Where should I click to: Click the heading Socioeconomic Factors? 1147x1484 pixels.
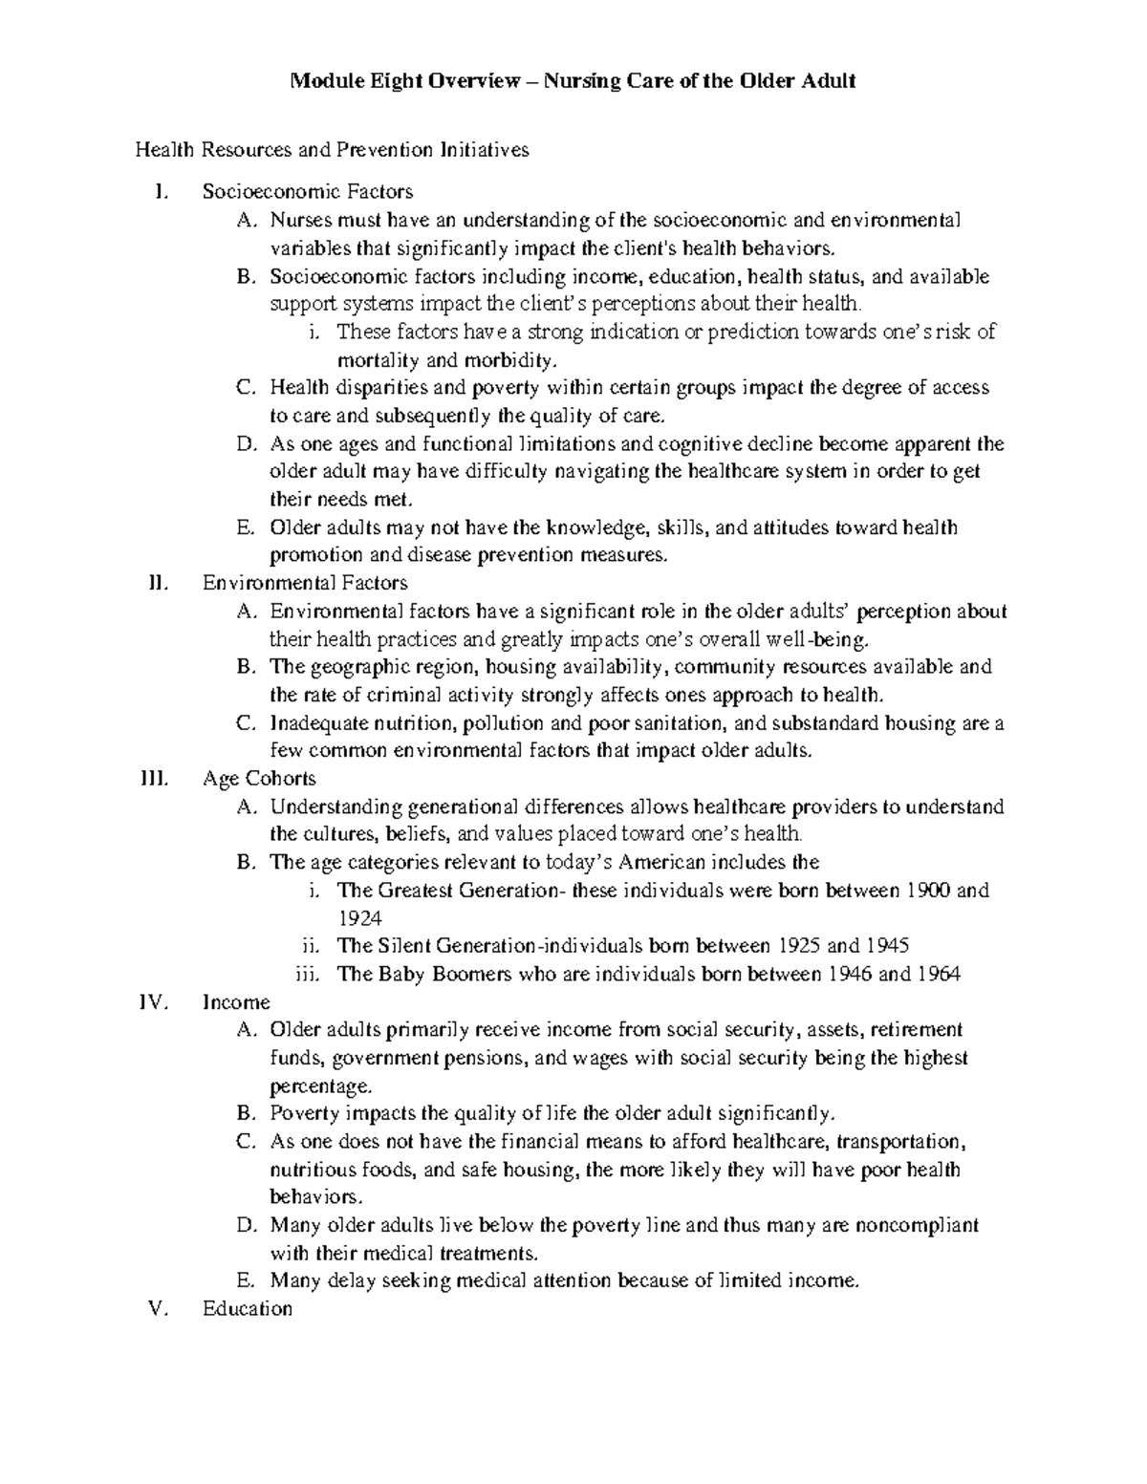308,192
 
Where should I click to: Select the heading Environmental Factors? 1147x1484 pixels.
305,583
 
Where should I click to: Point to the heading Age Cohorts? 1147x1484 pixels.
259,779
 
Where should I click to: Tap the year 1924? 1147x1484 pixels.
359,918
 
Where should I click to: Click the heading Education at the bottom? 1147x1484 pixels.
248,1309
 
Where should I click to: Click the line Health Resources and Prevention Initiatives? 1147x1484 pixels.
332,150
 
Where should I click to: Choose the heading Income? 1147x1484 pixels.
236,1002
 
